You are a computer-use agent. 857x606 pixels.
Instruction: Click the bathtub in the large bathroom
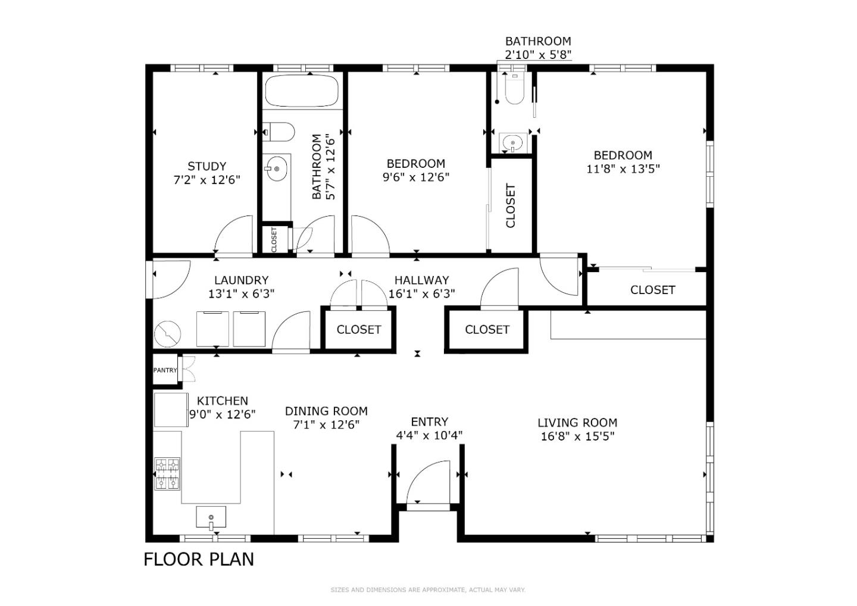click(302, 90)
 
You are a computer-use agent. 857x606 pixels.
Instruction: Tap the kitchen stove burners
click(167, 474)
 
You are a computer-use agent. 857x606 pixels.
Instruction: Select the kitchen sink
click(211, 518)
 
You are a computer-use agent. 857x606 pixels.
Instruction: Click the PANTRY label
click(165, 370)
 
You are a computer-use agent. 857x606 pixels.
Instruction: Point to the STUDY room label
click(207, 167)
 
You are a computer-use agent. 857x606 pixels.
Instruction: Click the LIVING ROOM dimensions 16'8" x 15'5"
click(577, 436)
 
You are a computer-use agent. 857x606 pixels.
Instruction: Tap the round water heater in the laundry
click(167, 333)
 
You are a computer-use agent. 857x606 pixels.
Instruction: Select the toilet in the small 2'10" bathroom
click(515, 89)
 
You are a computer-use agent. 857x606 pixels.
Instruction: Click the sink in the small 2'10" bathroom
click(512, 143)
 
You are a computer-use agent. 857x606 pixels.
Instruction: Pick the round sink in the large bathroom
click(277, 168)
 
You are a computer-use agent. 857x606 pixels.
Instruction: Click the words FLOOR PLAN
click(199, 560)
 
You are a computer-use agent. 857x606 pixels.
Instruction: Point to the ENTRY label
click(429, 421)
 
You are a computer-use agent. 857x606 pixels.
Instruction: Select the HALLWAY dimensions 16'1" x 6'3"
click(421, 294)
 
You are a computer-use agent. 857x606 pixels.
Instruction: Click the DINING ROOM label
click(326, 411)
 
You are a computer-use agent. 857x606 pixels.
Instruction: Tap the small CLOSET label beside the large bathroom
click(274, 240)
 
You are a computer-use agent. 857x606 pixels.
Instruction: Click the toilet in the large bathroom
click(279, 132)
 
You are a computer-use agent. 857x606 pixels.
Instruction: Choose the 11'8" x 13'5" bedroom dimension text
click(623, 168)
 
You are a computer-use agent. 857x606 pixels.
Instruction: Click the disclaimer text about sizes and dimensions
click(428, 590)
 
